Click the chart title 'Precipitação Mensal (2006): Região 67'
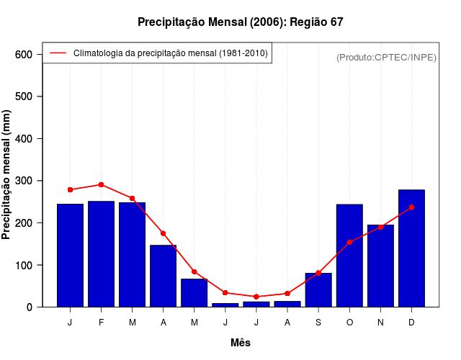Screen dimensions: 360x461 (x=240, y=22)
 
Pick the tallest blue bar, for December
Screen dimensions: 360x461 (x=411, y=248)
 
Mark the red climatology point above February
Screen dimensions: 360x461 (x=101, y=184)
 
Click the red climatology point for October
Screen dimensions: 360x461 (x=349, y=242)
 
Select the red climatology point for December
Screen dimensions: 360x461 (x=411, y=207)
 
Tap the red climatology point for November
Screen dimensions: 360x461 (x=380, y=227)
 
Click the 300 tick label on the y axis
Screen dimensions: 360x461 (x=24, y=181)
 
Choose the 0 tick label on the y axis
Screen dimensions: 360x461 (x=30, y=307)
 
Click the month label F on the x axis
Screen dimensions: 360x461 (x=101, y=323)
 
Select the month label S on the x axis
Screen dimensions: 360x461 (x=318, y=323)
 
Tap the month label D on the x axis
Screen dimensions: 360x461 (x=411, y=323)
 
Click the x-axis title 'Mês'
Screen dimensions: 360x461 (x=240, y=343)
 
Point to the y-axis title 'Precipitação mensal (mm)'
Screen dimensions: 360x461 (x=8, y=175)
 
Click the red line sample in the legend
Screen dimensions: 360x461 (x=58, y=53)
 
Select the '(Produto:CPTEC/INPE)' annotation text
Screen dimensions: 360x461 (x=386, y=57)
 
